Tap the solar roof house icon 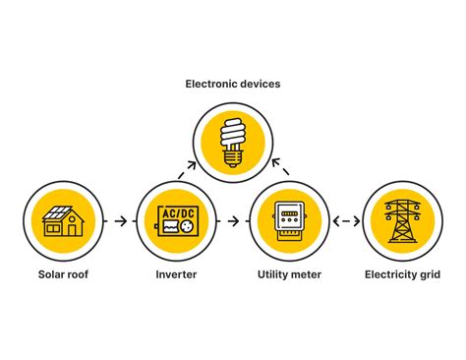pos(63,221)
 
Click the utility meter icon pos(289,221)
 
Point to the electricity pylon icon pos(401,221)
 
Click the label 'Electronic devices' pos(233,85)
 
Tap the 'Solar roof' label pos(63,274)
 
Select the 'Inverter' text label pos(175,274)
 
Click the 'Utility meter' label pos(289,274)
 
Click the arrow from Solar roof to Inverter pos(119,221)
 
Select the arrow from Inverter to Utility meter pos(232,221)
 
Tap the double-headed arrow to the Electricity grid pos(345,221)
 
